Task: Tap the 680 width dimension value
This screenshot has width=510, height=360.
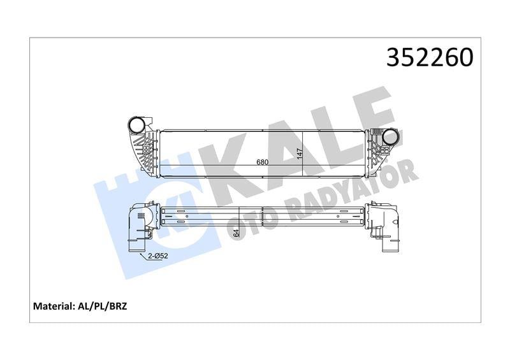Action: pos(262,162)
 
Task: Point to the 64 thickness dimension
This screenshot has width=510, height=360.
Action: pos(236,233)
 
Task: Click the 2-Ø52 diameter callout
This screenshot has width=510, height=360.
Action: pos(159,256)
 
